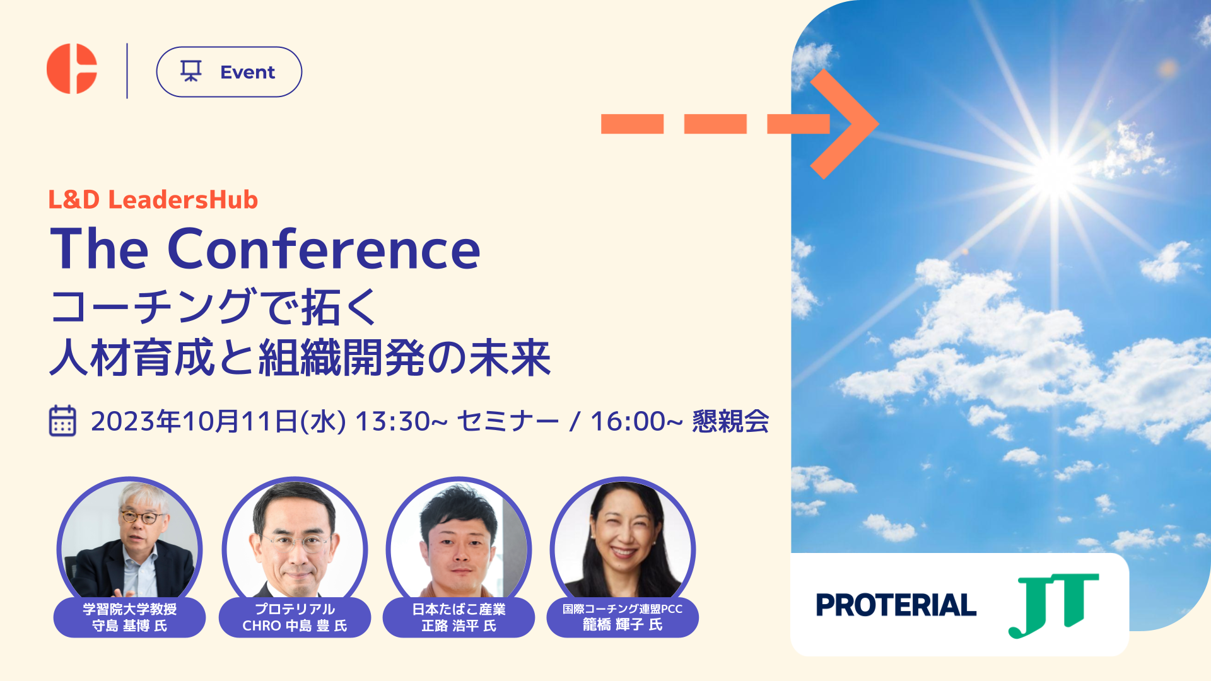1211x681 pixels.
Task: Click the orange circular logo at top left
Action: (72, 69)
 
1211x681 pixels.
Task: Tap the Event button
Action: (229, 72)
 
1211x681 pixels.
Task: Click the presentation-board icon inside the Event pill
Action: (191, 71)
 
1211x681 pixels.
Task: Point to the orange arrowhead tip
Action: (878, 124)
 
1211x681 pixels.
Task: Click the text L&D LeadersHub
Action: (153, 200)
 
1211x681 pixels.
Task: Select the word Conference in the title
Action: (324, 250)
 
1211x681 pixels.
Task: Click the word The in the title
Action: (100, 250)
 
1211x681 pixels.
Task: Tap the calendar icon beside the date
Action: (62, 421)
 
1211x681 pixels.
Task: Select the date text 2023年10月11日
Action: (194, 422)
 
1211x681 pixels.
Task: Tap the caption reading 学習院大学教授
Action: (130, 609)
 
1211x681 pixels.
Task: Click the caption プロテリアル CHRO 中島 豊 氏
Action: (295, 617)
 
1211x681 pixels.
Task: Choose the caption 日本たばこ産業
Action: (459, 609)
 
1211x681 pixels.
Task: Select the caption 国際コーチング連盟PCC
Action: (623, 609)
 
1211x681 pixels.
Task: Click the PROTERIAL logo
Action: (896, 605)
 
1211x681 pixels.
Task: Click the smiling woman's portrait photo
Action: (623, 540)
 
